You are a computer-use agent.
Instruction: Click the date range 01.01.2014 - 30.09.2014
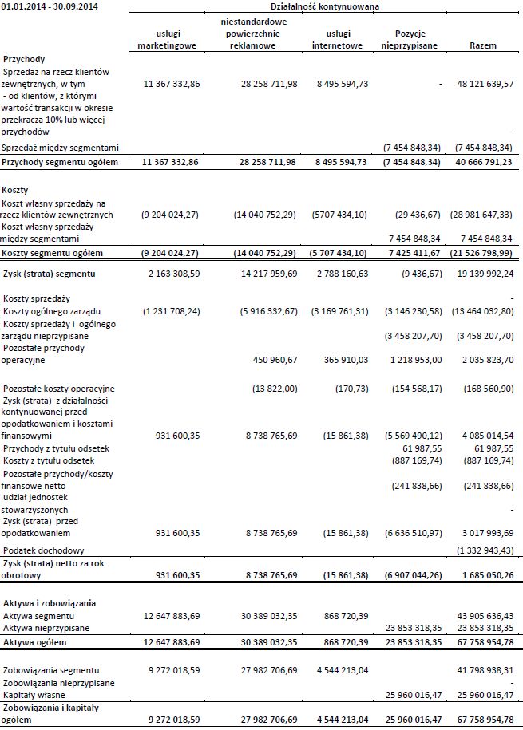(x=46, y=6)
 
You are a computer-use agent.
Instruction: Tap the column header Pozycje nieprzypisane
(x=410, y=39)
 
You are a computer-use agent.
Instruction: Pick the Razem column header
(x=484, y=45)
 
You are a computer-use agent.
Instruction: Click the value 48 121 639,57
(x=484, y=84)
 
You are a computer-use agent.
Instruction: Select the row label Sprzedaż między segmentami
(x=61, y=148)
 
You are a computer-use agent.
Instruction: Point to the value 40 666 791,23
(x=484, y=163)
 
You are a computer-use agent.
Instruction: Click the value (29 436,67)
(x=418, y=215)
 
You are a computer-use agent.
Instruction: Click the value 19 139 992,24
(x=484, y=274)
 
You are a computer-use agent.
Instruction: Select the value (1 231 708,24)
(x=168, y=310)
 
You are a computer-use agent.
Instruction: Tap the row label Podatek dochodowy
(x=44, y=551)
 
